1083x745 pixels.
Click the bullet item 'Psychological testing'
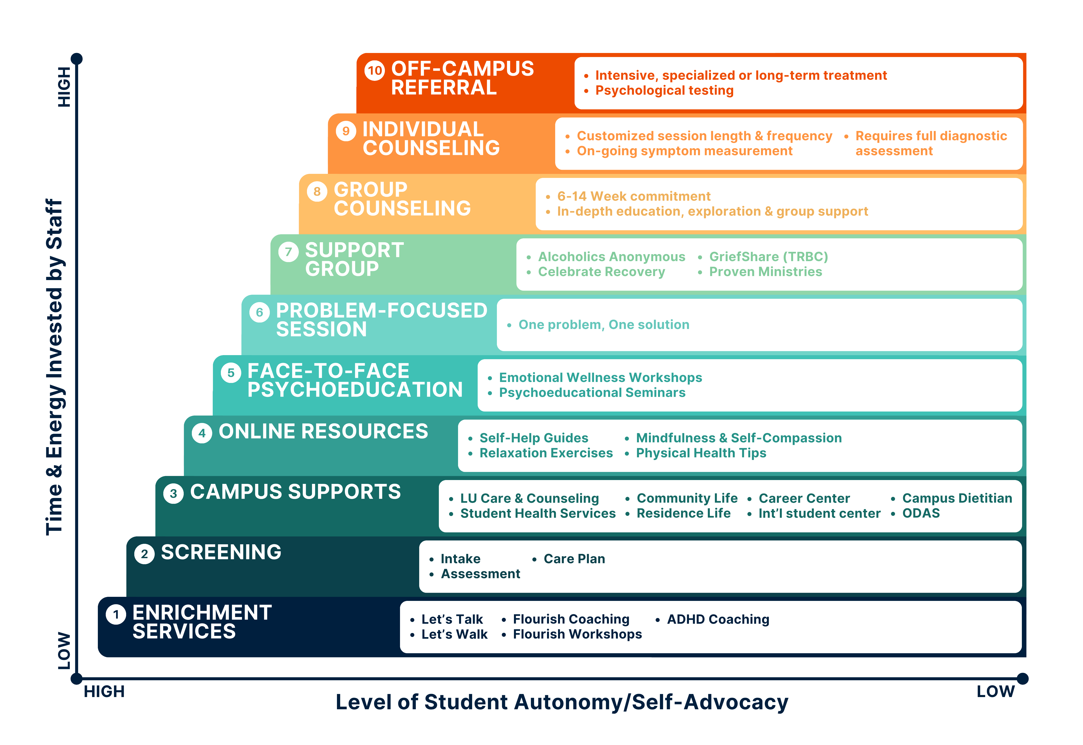664,91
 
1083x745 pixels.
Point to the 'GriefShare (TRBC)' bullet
768,257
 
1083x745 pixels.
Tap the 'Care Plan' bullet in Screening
574,559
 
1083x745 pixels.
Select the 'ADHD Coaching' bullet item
718,619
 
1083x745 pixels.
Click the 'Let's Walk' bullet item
454,634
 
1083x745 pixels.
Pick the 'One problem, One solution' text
604,325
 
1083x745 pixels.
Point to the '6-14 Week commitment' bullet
633,197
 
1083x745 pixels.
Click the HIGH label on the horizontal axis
104,691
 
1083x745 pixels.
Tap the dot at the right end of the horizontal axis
1022,678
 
